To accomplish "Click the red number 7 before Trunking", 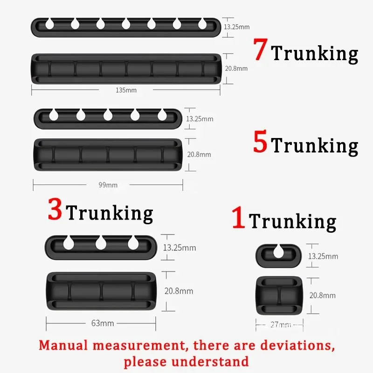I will click(x=261, y=50).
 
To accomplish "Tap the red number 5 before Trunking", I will click(x=261, y=142).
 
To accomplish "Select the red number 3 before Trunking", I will click(x=55, y=210).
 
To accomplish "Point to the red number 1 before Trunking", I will click(x=238, y=218).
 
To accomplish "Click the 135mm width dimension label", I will click(x=126, y=90).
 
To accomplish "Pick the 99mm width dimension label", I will click(x=108, y=185).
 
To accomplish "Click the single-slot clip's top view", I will click(x=278, y=256).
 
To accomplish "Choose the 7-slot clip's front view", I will click(x=126, y=69).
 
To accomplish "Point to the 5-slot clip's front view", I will click(x=108, y=154).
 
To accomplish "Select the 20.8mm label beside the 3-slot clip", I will click(x=179, y=291).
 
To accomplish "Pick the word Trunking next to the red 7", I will click(x=315, y=53).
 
